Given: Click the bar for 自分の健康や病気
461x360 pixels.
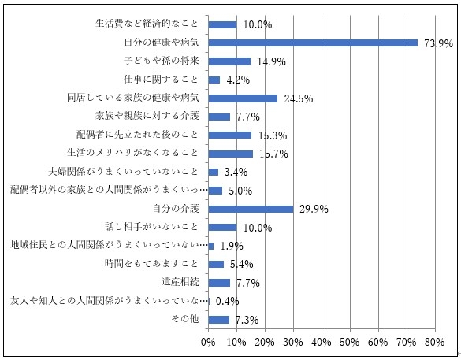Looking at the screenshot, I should (313, 43).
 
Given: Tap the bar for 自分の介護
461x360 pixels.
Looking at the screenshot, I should (251, 209).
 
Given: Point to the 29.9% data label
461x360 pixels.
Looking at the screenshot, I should (311, 210).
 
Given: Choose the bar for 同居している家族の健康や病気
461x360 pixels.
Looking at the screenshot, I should (243, 98).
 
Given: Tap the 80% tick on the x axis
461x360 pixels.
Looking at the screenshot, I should (434, 343).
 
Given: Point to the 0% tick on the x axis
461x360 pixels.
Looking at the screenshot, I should (208, 343).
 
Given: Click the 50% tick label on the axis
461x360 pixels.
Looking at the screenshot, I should (349, 343).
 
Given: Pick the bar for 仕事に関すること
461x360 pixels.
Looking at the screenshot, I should (214, 80).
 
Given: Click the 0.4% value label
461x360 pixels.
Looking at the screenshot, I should (227, 301).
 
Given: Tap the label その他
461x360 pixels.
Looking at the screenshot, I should (186, 319).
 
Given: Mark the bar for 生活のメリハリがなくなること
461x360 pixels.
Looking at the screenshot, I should (230, 154).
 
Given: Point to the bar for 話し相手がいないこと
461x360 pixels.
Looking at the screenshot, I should (222, 227).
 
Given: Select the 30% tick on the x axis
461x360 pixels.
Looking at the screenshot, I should (292, 343).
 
